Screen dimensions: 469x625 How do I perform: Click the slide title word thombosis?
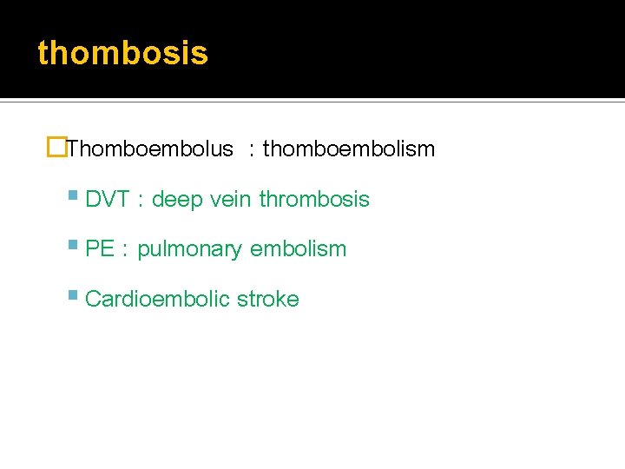tap(122, 54)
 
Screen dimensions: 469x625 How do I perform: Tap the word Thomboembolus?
tap(150, 149)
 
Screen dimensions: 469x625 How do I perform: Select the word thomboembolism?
tap(348, 149)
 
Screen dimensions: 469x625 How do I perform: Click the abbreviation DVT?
tap(109, 200)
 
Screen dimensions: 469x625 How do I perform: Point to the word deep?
tap(177, 200)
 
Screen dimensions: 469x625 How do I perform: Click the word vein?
tap(231, 200)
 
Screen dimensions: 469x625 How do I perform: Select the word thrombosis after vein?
tap(314, 200)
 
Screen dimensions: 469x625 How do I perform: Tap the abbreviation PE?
tap(100, 249)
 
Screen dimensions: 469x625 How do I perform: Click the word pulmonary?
tap(190, 250)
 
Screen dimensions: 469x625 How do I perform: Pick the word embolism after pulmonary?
tap(298, 249)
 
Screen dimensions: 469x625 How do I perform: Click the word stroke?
tap(268, 300)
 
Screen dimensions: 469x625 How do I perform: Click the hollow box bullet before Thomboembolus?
tap(58, 149)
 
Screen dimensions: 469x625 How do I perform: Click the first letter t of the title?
tap(43, 54)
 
